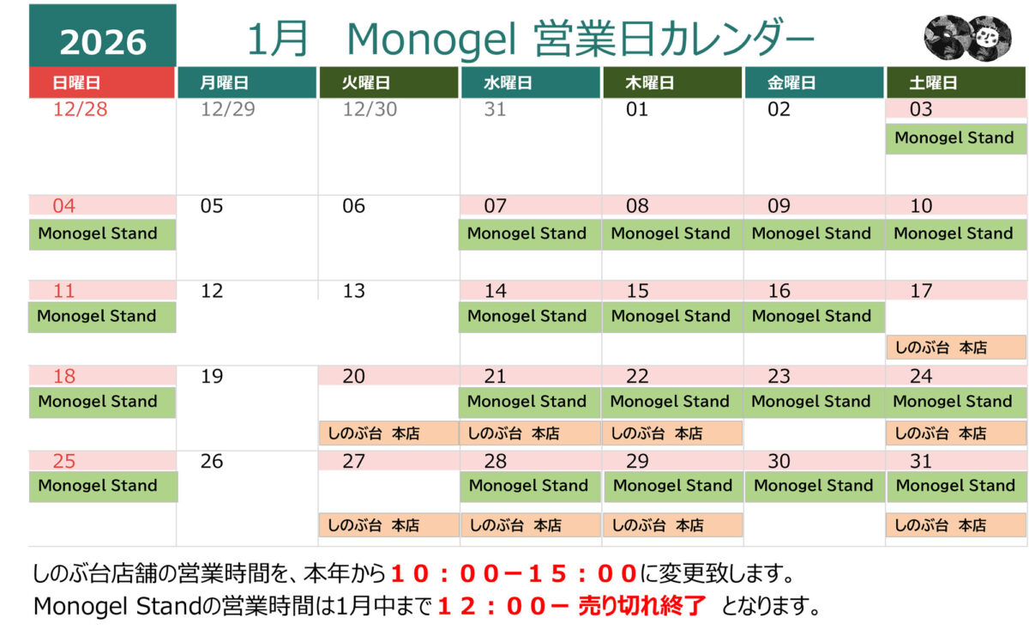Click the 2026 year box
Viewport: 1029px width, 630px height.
click(103, 40)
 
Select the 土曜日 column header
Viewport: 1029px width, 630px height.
click(956, 83)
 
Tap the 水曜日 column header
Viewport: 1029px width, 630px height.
click(530, 83)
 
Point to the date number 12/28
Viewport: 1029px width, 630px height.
click(80, 110)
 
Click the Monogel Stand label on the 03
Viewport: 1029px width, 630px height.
click(954, 138)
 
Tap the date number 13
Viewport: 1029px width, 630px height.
click(354, 291)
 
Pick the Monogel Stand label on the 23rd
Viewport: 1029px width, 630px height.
click(812, 402)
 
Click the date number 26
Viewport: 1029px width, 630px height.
click(212, 462)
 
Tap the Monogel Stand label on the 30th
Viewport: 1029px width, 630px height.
click(814, 486)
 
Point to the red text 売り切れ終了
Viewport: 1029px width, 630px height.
click(642, 607)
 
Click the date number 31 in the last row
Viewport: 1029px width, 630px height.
click(921, 462)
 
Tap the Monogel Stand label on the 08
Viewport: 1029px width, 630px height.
click(671, 233)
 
